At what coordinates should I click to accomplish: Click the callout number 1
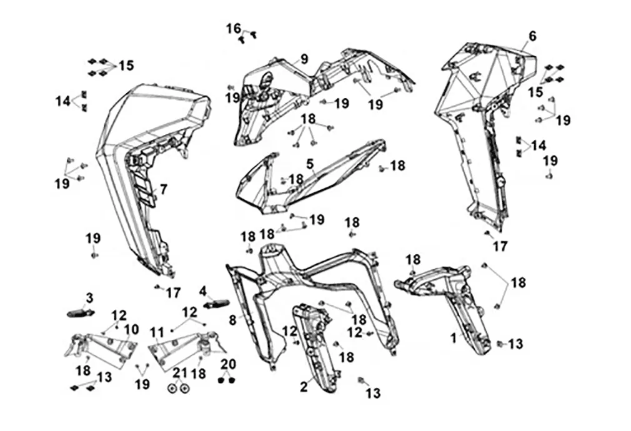point(454,338)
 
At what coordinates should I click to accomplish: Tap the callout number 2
point(304,387)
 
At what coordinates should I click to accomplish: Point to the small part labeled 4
point(218,304)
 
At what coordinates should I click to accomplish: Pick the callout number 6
point(532,36)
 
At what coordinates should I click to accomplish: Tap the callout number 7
point(163,189)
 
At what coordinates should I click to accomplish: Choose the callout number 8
point(232,320)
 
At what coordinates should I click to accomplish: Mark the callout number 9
point(304,59)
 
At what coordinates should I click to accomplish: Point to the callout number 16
point(233,28)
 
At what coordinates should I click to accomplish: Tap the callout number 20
point(228,365)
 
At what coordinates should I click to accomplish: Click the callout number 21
point(180,372)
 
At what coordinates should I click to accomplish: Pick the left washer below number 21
point(172,387)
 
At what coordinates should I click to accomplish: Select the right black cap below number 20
point(232,379)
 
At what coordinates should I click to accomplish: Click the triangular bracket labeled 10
point(106,349)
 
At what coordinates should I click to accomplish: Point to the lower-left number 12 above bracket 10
point(119,315)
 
